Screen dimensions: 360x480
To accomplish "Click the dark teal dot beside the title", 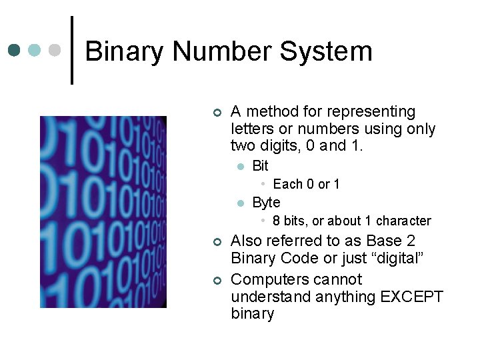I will [15, 50].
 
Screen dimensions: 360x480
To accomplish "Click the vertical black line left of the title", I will [72, 50].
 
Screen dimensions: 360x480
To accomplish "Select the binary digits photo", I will [103, 212].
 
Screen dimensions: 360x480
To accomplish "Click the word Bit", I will [260, 165].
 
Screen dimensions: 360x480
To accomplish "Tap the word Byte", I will [266, 202].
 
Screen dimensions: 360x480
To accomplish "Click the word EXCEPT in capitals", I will [411, 297].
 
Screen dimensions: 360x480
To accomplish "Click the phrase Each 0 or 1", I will [306, 184].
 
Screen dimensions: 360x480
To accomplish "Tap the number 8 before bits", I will [276, 221].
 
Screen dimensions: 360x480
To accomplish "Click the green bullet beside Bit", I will [241, 166].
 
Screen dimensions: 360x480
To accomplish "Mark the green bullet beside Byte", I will [241, 203].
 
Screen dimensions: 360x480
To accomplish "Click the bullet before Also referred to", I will [216, 241].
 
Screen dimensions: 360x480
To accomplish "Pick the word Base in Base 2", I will [385, 241].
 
